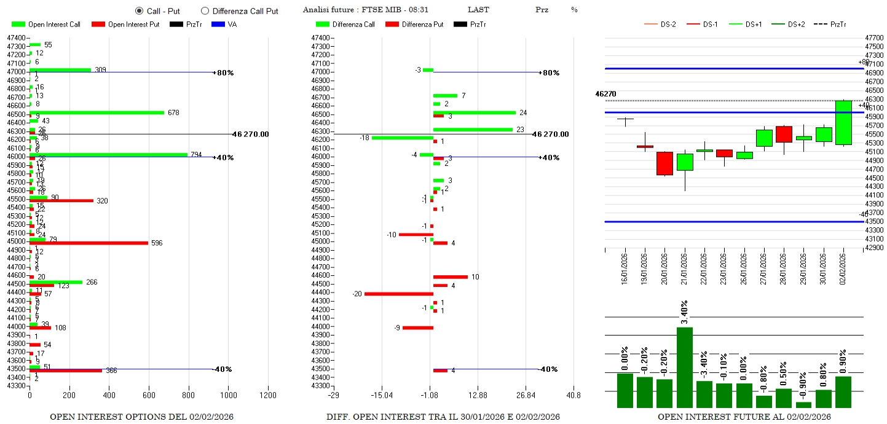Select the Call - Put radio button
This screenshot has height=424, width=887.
[x=139, y=11]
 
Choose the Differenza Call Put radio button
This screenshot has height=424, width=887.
[x=205, y=11]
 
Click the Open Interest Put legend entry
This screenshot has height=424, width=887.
[x=125, y=25]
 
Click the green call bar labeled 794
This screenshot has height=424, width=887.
[x=108, y=154]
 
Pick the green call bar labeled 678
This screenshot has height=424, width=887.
[x=97, y=112]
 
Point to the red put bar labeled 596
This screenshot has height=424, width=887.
[x=89, y=243]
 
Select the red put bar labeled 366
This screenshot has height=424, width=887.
[x=66, y=371]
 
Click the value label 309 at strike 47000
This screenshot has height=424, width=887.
[x=100, y=69]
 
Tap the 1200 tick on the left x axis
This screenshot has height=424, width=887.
[x=268, y=395]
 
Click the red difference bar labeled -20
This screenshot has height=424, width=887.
[x=399, y=294]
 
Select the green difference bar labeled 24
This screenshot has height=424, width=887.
[x=474, y=112]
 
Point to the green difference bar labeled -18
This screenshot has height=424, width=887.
[x=402, y=138]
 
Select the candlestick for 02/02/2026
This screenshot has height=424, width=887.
[x=843, y=123]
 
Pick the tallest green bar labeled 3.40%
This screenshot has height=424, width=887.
[x=685, y=367]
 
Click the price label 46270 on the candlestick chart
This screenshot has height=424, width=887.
[x=605, y=94]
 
